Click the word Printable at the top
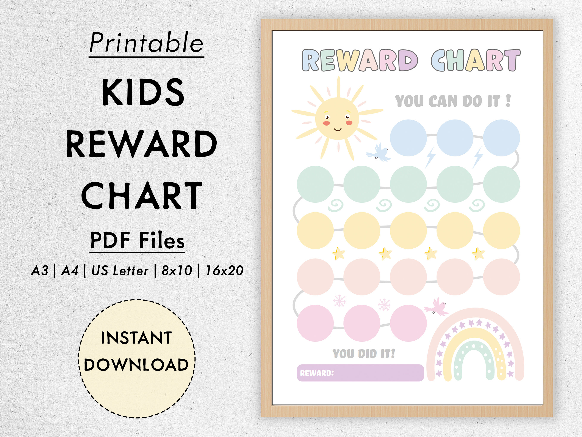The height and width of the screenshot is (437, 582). tap(146, 43)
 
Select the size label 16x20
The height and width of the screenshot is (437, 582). tap(224, 271)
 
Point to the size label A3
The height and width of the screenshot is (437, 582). tap(40, 271)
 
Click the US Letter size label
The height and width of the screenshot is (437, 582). tap(120, 271)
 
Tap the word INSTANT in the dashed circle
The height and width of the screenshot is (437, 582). tap(136, 338)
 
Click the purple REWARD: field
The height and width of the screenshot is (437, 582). tap(360, 373)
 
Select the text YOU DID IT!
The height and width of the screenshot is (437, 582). tap(364, 353)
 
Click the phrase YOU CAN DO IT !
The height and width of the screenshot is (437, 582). tap(452, 101)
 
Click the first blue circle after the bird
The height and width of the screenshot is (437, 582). tap(408, 138)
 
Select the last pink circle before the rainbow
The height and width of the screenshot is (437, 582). tap(408, 323)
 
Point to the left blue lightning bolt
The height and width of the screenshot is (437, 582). tap(430, 157)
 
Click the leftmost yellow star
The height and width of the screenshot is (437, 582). tap(339, 253)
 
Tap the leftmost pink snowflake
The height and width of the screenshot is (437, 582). tap(339, 301)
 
